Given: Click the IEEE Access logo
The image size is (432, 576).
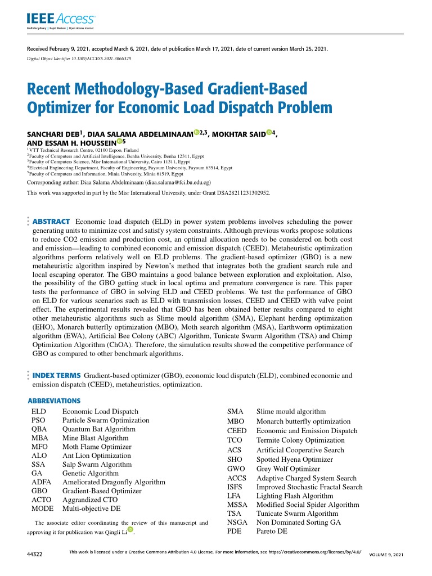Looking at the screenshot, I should [61, 19].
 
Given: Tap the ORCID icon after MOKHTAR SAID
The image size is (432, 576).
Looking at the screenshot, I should [269, 133].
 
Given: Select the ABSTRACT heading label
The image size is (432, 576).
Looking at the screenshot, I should [51, 222].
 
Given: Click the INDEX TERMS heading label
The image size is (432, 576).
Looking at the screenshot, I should [57, 375].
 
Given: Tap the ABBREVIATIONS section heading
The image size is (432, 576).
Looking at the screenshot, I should [54, 401].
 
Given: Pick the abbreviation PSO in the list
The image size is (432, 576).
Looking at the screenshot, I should [38, 420].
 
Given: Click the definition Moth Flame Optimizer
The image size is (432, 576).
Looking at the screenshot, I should [96, 447].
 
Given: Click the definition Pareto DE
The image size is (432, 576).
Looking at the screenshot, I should [272, 531].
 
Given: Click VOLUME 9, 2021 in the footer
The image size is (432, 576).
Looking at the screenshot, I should [386, 555].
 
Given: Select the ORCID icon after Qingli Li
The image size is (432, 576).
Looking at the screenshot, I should [130, 529].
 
